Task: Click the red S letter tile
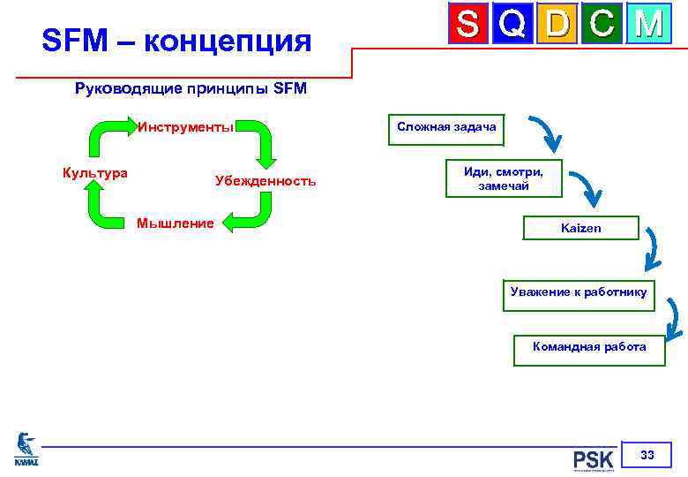pos(468,24)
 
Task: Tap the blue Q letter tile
pos(513,24)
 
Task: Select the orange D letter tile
pos(557,24)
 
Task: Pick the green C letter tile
pos(602,24)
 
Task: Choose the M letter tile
pos(648,24)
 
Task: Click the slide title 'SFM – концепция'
pos(177,41)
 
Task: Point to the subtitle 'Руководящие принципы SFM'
pos(191,89)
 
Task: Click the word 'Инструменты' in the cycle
pos(185,126)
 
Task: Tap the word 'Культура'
pos(94,172)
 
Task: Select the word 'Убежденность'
pos(265,181)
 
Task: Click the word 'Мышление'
pos(175,223)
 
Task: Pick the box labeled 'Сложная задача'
pos(446,127)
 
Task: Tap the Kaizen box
pos(580,228)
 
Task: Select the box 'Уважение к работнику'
pos(579,292)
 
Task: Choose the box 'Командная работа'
pos(589,347)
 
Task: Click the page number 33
pos(647,456)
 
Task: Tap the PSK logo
pos(593,459)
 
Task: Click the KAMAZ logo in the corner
pos(26,448)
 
